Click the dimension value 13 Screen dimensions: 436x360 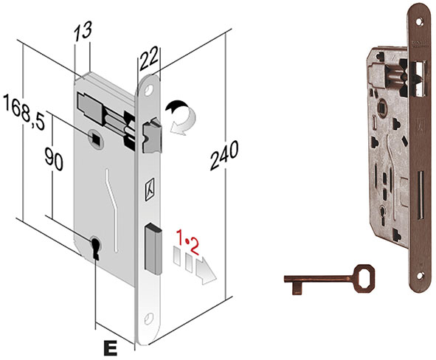point(83,30)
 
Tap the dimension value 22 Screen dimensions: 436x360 point(150,59)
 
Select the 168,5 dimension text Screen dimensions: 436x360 point(24,111)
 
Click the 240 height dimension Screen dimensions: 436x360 point(224,155)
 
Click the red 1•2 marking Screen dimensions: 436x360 point(188,242)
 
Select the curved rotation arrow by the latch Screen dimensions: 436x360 point(181,117)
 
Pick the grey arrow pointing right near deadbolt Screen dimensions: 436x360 point(206,271)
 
